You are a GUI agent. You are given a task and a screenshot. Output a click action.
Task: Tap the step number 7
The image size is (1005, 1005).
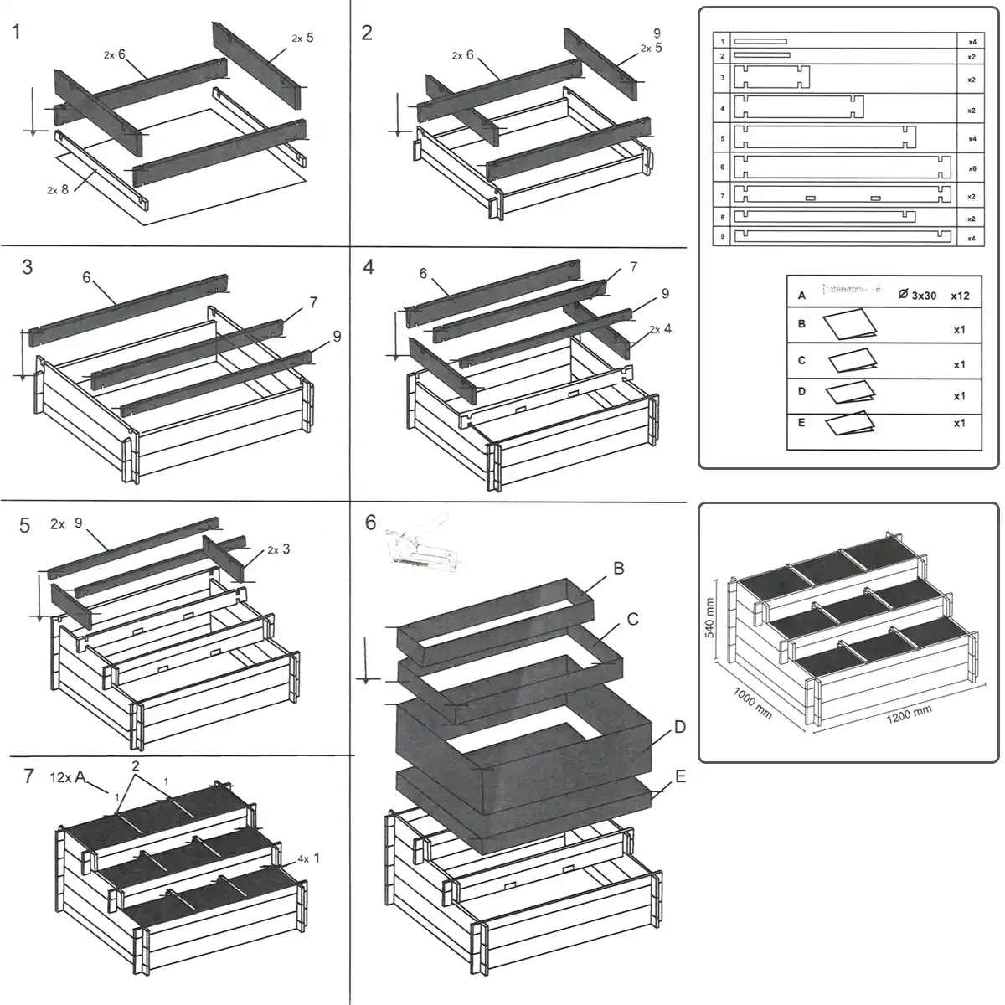pos(29,776)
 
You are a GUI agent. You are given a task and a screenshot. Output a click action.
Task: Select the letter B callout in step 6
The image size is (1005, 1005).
pos(619,569)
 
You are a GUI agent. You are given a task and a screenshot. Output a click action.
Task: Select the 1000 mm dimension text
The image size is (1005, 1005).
pos(753,702)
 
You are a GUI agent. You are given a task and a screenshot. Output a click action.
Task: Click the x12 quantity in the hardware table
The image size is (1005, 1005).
pos(960,296)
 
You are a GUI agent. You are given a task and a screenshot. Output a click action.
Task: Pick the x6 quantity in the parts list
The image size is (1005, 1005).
pos(971,168)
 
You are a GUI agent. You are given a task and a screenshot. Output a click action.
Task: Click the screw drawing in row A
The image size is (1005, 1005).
pos(853,290)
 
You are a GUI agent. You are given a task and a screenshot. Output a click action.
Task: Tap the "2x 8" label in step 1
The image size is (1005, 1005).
pos(58,190)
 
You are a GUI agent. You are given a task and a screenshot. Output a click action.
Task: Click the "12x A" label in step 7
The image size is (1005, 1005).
pos(68,777)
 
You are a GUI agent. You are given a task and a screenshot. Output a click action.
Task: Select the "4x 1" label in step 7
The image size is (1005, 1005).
pos(308,858)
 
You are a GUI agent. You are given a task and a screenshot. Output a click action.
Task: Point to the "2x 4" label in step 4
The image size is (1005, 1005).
pos(660,329)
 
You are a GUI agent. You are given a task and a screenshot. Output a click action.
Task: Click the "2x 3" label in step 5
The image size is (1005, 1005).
pos(279,549)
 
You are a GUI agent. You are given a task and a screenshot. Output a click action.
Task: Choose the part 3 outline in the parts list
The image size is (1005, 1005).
pos(771,78)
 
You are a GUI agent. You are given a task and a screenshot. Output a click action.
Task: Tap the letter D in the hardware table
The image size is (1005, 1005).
pos(801,391)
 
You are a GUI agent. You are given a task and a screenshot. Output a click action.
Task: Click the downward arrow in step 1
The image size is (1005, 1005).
pos(32,109)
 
